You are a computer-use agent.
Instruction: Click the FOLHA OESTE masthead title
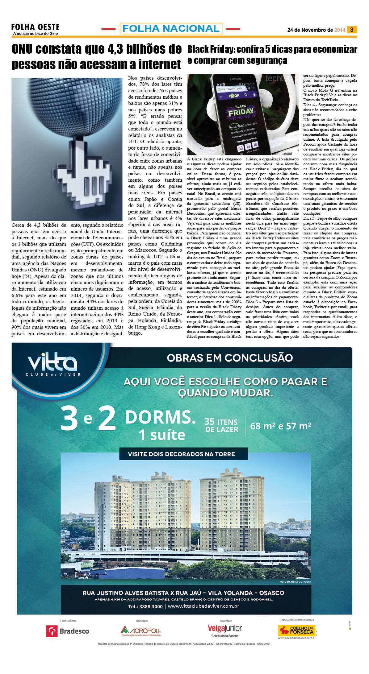[x=36, y=27]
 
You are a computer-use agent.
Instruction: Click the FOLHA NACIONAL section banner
[x=171, y=28]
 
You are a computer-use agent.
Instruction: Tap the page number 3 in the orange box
[x=352, y=30]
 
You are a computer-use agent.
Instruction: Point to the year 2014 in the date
[x=340, y=30]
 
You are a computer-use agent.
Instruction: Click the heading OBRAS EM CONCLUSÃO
[x=230, y=358]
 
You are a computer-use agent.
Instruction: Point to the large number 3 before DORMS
[x=69, y=418]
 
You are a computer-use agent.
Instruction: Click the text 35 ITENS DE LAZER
[x=221, y=425]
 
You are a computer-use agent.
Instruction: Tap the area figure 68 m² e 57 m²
[x=280, y=426]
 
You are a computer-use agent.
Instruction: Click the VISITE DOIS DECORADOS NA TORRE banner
[x=182, y=454]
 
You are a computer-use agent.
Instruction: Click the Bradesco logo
[x=68, y=631]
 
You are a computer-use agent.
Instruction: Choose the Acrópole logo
[x=141, y=631]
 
